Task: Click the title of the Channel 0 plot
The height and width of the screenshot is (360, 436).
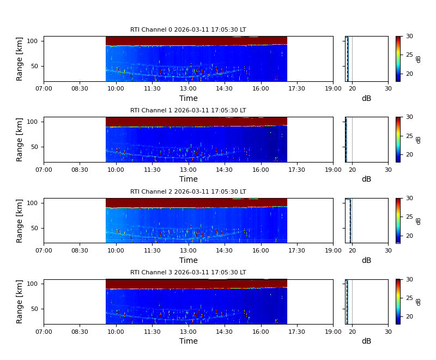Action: (188, 30)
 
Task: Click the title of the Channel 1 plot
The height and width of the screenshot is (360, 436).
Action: (188, 111)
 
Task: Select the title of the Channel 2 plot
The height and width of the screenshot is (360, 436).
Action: (188, 192)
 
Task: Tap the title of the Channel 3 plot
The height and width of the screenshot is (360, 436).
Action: (188, 273)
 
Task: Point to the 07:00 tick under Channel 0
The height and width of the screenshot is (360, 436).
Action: (44, 88)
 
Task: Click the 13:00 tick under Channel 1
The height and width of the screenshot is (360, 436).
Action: (189, 169)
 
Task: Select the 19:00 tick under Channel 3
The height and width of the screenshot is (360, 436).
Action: (333, 331)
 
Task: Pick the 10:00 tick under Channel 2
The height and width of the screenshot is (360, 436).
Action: (116, 250)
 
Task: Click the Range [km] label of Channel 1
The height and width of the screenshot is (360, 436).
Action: (20, 140)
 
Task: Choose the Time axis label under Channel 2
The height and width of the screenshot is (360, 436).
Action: (189, 261)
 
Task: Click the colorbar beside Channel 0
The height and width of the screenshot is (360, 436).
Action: (398, 59)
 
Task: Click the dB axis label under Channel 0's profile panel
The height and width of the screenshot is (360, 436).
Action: (366, 99)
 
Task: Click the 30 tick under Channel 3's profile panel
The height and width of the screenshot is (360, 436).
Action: (388, 331)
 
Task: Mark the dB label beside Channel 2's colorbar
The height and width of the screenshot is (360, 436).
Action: (419, 221)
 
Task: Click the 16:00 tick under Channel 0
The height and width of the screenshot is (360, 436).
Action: (261, 88)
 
